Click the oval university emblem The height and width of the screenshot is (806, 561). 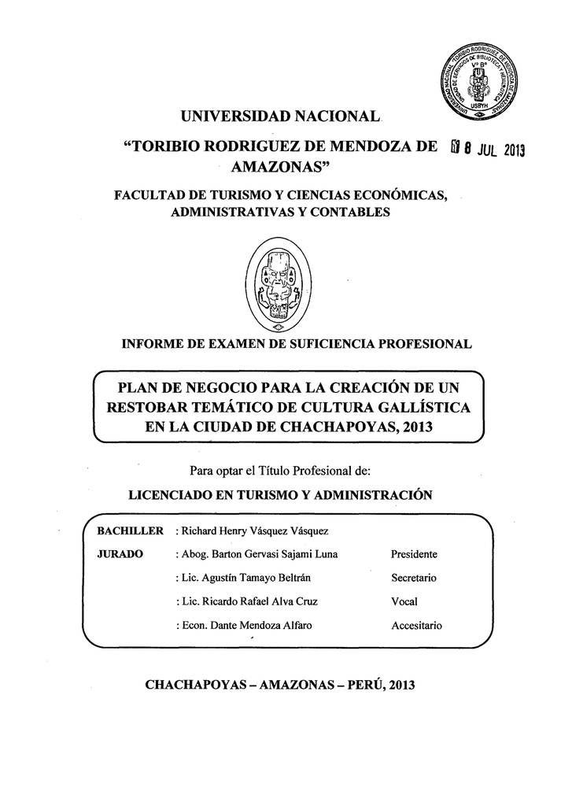[279, 285]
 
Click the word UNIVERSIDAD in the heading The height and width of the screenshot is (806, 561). [234, 117]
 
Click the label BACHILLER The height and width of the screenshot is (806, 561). [129, 531]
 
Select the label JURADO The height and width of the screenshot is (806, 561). [119, 554]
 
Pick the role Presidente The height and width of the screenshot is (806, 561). [414, 554]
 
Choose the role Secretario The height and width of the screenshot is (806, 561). [414, 578]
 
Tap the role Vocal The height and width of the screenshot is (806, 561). [404, 601]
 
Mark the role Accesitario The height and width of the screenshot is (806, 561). [416, 626]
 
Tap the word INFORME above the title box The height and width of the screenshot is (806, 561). [147, 344]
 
